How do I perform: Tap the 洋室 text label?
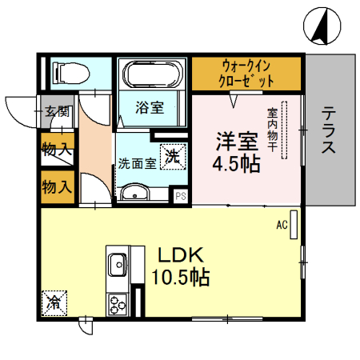(235, 140)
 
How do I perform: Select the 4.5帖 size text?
(235, 166)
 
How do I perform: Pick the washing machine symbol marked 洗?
(173, 157)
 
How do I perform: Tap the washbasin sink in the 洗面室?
(135, 192)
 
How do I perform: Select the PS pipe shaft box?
(180, 195)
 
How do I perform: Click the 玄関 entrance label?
(56, 111)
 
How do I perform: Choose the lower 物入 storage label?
(57, 186)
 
